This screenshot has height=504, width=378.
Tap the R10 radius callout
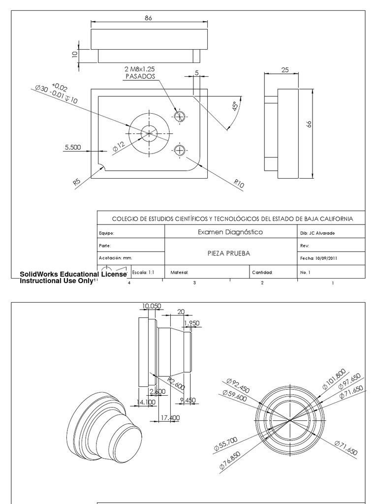tap(239, 184)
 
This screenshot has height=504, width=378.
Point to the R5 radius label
tap(77, 182)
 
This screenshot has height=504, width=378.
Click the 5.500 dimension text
tap(72, 147)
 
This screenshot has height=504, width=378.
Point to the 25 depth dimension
tap(284, 70)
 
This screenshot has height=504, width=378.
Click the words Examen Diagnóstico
tap(230, 232)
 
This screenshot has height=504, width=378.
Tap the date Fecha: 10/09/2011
tap(318, 258)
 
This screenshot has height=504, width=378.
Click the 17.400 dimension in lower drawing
tap(170, 417)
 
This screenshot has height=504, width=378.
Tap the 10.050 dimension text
tap(152, 306)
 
